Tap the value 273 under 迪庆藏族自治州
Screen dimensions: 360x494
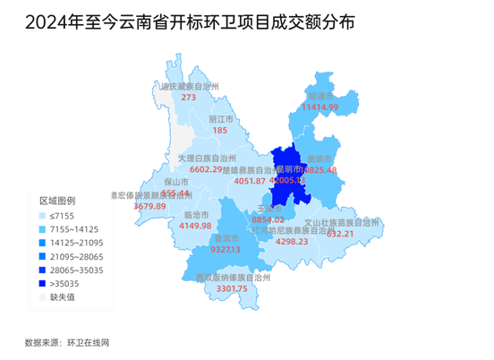point(189,98)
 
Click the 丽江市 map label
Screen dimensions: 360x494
point(220,118)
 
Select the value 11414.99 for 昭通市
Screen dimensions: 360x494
point(320,107)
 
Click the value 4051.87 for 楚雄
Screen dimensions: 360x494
point(250,181)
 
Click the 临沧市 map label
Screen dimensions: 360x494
point(195,215)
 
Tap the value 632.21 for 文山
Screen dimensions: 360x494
point(340,234)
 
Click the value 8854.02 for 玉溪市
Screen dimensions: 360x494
point(268,219)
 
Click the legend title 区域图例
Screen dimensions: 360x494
point(58,201)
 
